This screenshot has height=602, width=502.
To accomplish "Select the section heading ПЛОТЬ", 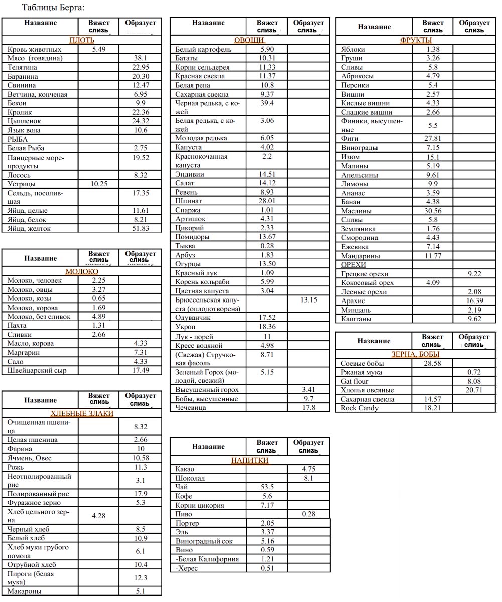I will (81, 40).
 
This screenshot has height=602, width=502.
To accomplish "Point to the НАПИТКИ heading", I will (249, 460).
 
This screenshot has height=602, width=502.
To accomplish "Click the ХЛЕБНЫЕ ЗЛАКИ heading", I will (82, 413).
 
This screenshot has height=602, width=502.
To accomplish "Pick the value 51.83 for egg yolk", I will (141, 229).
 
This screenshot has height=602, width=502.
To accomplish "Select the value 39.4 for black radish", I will (267, 103).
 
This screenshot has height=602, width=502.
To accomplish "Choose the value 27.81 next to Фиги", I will (432, 139).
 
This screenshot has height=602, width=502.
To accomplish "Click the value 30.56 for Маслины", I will (432, 211).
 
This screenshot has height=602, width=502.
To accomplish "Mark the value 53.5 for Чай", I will (267, 487).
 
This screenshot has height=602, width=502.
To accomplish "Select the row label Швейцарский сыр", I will (37, 370).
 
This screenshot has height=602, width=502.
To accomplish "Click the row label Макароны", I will (24, 591).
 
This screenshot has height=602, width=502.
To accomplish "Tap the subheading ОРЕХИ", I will (353, 265).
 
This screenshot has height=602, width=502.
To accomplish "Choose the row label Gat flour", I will (355, 381).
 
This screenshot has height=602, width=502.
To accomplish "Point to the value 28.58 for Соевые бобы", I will (432, 363).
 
